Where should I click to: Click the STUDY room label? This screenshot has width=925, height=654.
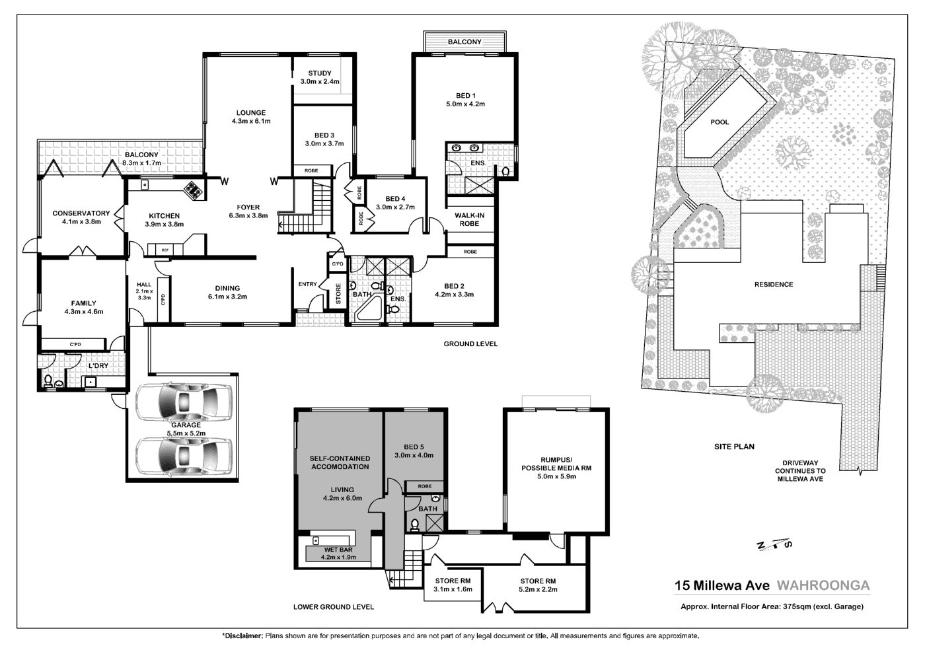[320, 73]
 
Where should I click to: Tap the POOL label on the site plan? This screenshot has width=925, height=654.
[720, 122]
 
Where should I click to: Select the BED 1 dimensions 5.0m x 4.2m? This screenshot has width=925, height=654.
[465, 104]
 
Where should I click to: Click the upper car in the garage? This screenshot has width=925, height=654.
[184, 400]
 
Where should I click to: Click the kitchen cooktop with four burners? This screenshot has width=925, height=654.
[193, 190]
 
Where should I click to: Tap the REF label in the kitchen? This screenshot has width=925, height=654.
[165, 250]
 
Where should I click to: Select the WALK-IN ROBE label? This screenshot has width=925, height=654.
[470, 219]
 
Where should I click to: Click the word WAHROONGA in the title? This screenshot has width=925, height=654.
[823, 585]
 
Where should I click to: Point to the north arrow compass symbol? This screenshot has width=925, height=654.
[774, 544]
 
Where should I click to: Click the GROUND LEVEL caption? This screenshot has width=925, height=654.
[470, 344]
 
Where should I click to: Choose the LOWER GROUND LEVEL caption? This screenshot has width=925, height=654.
[333, 606]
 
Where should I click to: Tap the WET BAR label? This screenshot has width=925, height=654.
[338, 550]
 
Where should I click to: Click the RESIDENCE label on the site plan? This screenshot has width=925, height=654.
[774, 285]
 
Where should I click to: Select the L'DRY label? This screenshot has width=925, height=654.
[98, 366]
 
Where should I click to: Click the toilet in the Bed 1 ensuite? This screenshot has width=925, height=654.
[505, 171]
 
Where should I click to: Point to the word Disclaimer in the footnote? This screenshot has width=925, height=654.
[242, 636]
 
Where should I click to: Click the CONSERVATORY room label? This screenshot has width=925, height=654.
[81, 213]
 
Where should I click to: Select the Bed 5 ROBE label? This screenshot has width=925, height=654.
[424, 486]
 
